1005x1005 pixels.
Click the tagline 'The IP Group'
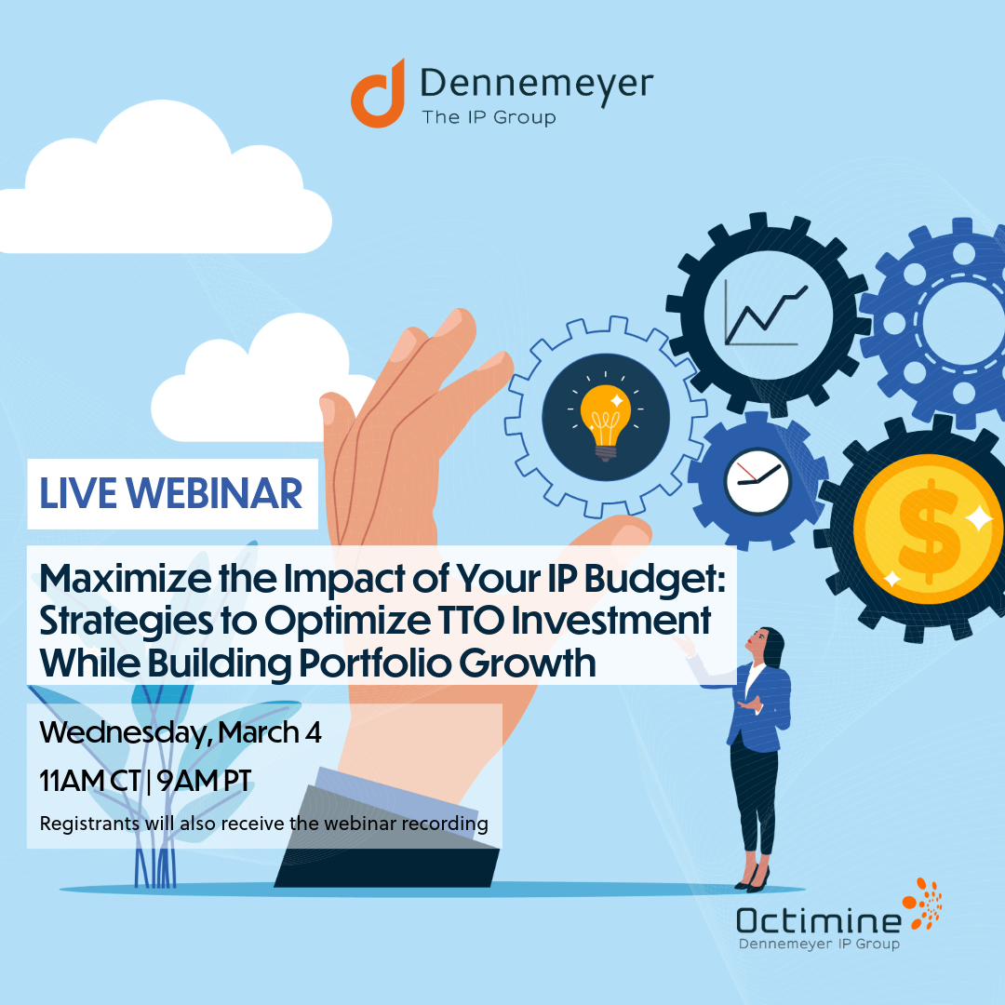click(489, 117)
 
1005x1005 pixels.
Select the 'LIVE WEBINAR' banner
click(172, 493)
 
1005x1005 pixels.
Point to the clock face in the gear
click(757, 481)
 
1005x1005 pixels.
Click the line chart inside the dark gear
click(766, 315)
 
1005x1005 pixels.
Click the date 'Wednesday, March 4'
click(181, 732)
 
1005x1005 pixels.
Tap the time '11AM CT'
click(89, 781)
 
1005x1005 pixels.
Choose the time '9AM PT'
click(204, 781)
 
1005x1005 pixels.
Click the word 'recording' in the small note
click(445, 824)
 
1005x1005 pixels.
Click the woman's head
click(767, 645)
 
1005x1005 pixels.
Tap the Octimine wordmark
click(819, 921)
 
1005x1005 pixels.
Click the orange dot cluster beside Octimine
click(924, 904)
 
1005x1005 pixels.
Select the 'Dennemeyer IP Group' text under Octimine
click(819, 945)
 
